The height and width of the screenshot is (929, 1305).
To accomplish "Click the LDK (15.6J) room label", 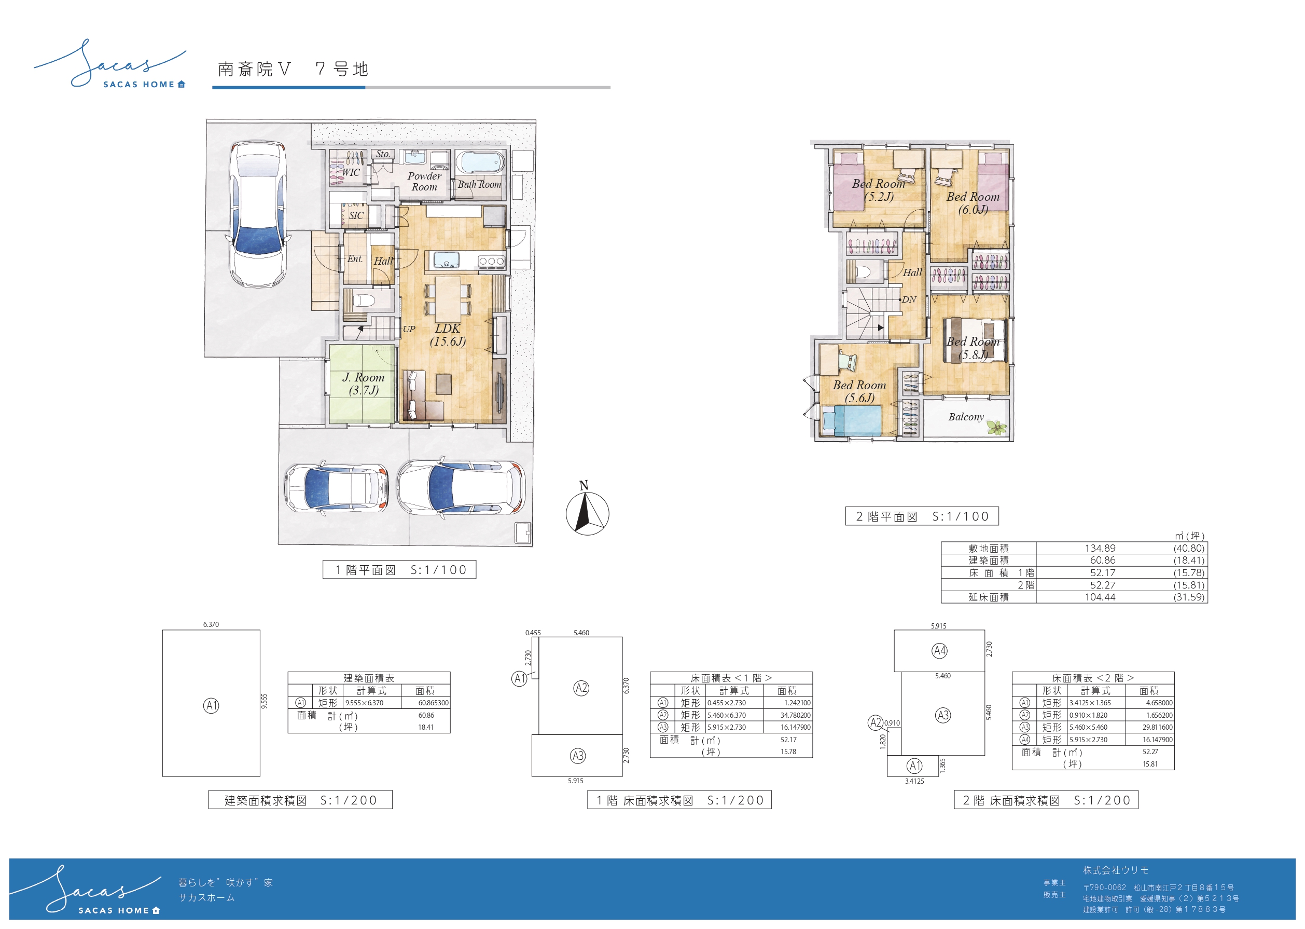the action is coord(448,335).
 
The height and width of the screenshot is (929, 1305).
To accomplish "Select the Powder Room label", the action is coord(424,181).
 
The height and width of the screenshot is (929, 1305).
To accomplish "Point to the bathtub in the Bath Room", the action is coord(480,162).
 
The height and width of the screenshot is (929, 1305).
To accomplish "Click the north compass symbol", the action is coord(587,509).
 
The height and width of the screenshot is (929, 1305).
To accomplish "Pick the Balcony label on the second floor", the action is coord(966,416).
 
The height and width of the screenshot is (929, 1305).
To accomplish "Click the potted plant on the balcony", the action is coord(996,427).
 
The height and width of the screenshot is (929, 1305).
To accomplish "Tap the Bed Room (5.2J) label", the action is coord(879,190).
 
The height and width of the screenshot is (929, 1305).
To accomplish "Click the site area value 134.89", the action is coord(1100,548).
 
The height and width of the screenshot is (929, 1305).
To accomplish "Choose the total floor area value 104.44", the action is coord(1100,597).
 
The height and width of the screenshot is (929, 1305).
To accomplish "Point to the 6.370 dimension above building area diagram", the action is coord(211,625).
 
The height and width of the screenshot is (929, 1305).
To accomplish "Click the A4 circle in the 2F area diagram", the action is coord(939,650).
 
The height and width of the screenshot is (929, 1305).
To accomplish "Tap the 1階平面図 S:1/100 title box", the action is coord(399,570).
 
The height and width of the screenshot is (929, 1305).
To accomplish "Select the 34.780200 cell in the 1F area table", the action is coord(795,715).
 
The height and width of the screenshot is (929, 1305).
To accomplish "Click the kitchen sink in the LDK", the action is coord(446,261).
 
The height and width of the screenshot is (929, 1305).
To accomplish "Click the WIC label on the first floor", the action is coord(351,172).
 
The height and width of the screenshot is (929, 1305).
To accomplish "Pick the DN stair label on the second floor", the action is coord(909,299).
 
